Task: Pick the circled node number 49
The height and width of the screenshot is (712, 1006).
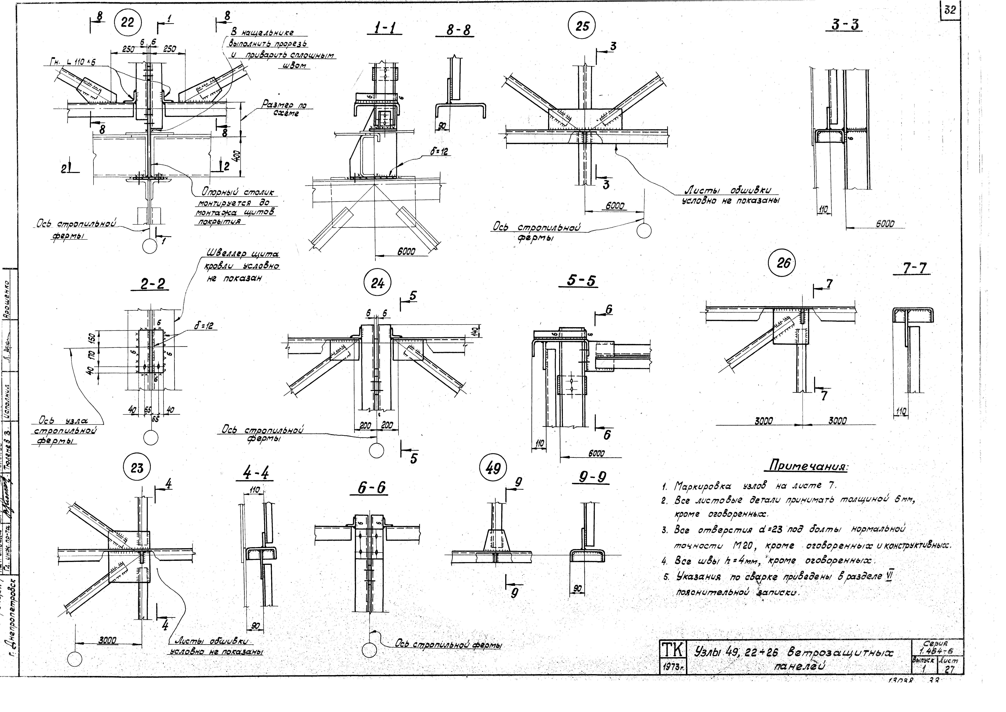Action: (493, 469)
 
